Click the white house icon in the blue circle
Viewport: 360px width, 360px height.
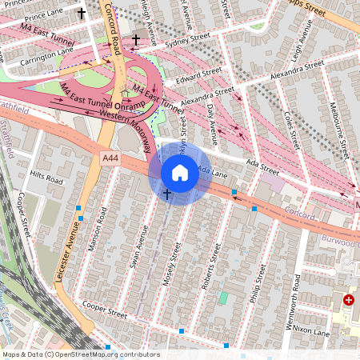tap(180, 172)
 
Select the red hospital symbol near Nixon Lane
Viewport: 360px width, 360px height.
tap(349, 300)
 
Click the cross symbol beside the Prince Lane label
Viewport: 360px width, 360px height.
tap(81, 13)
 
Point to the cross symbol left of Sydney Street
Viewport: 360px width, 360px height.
tap(136, 39)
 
